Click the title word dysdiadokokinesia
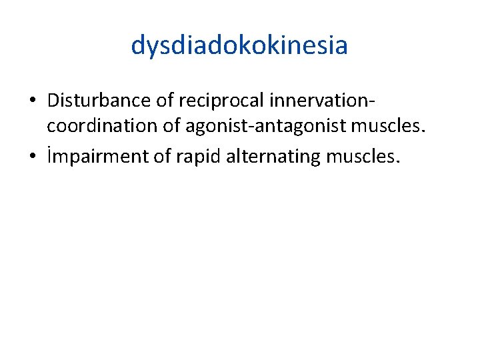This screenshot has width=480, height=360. coord(239,46)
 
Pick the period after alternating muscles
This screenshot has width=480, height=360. coord(399,162)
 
